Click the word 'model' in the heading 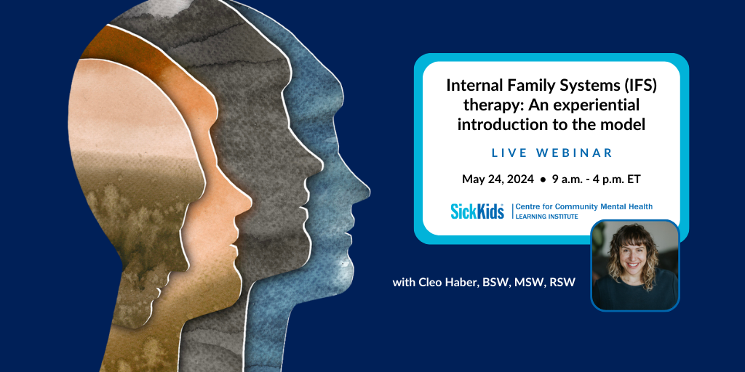coord(628,125)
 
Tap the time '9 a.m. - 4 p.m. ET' coord(597,179)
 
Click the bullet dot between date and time coord(543,180)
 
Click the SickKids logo coord(477,211)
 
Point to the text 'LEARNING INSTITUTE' coord(547,217)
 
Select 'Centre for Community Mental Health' coord(584,206)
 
